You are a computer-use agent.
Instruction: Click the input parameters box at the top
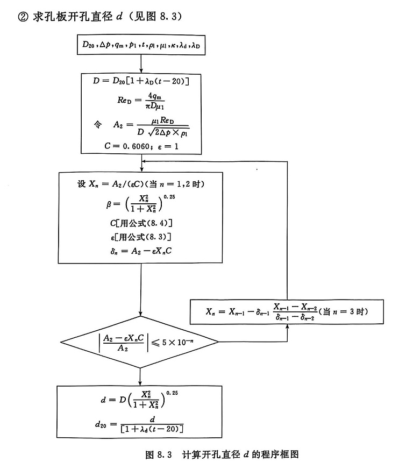pyautogui.click(x=140, y=46)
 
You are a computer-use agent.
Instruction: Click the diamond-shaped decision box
pyautogui.click(x=141, y=342)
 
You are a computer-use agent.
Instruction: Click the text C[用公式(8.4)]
pyautogui.click(x=140, y=223)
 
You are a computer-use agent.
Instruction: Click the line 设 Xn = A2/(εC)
pyautogui.click(x=140, y=184)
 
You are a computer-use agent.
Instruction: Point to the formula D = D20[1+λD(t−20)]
pyautogui.click(x=141, y=81)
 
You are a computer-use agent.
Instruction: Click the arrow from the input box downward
pyautogui.click(x=141, y=64)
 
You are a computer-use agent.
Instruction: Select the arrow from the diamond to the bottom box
pyautogui.click(x=141, y=375)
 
